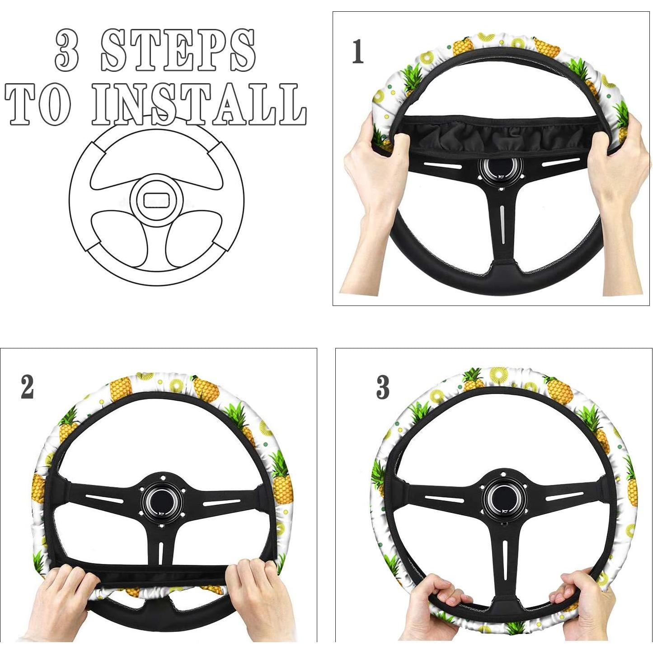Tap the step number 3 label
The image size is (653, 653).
[382, 387]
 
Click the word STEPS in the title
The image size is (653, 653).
[178, 50]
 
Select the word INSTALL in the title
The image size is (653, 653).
[199, 105]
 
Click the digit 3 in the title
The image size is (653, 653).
[67, 50]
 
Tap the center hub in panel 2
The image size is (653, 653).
[162, 499]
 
